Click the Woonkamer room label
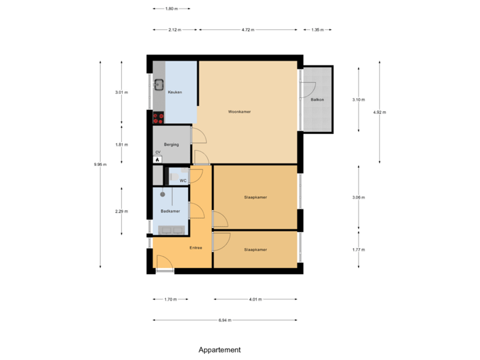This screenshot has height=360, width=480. pos(239,111)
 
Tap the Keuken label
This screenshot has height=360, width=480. pos(175,92)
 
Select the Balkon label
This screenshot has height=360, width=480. pos(317,99)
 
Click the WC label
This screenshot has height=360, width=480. pos(182,180)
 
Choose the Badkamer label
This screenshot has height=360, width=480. pos(170,211)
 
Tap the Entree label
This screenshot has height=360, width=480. pos(195,248)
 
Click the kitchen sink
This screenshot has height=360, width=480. pos(159,84)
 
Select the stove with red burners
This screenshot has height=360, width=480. pos(159,118)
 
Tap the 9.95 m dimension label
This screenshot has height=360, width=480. pos(100,165)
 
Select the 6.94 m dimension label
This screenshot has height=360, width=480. pos(225,320)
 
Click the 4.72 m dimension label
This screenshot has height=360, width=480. pos(247,29)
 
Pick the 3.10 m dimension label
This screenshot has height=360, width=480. pos(359,99)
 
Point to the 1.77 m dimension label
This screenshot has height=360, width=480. pos(359,249)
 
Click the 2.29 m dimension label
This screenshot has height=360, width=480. pos(121,211)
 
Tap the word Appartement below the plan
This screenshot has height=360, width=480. pos(219,349)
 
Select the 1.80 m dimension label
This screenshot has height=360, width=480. pos(171,9)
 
